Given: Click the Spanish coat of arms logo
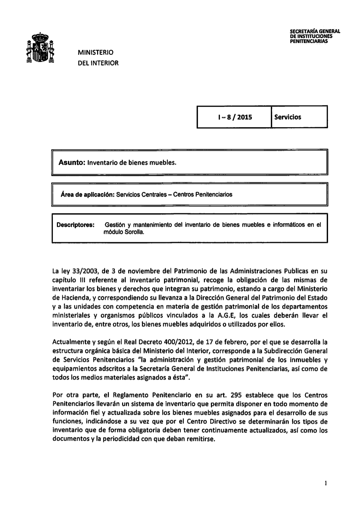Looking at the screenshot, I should tap(41, 49).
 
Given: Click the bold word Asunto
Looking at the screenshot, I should tap(72, 162).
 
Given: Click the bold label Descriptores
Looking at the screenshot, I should tap(76, 225).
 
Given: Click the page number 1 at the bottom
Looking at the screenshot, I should tap(326, 483).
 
